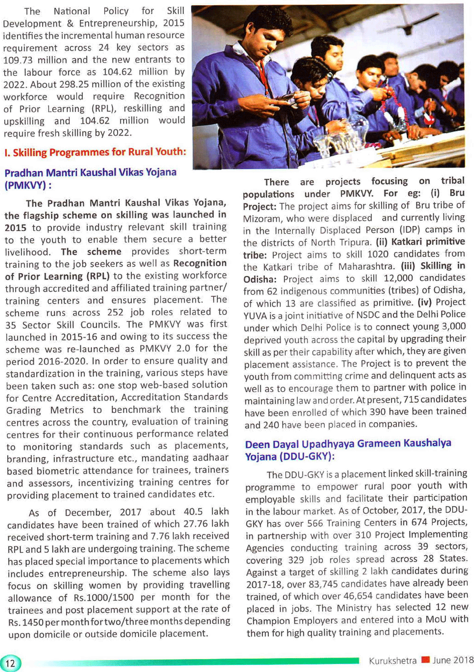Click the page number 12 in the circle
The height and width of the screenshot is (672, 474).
[10, 663]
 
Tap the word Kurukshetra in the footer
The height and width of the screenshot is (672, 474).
[392, 661]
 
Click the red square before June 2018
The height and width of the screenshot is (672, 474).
[425, 660]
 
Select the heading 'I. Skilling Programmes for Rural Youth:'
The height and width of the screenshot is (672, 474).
[95, 153]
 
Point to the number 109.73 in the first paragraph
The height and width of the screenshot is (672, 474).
[19, 60]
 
